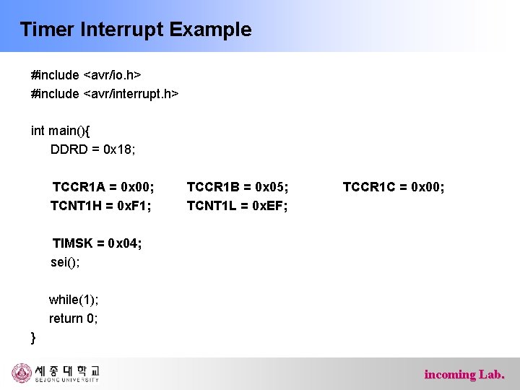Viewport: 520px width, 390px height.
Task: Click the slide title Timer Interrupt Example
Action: [x=136, y=30]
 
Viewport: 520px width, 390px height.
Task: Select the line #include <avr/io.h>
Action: [x=86, y=75]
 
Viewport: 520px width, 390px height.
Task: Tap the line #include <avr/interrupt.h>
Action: [x=105, y=94]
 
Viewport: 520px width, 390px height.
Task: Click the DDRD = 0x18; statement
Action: [x=93, y=149]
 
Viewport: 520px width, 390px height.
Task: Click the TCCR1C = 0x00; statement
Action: [x=394, y=188]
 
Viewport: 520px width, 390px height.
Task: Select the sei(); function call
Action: [x=65, y=262]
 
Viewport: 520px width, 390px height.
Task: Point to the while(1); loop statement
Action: [x=74, y=300]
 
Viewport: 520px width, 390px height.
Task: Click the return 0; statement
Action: [x=73, y=318]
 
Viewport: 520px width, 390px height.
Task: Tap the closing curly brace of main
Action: [x=33, y=337]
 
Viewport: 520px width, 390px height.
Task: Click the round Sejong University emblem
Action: [x=22, y=373]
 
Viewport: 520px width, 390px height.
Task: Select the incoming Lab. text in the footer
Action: [x=464, y=374]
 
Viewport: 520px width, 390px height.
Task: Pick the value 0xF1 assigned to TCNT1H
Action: [x=136, y=207]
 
